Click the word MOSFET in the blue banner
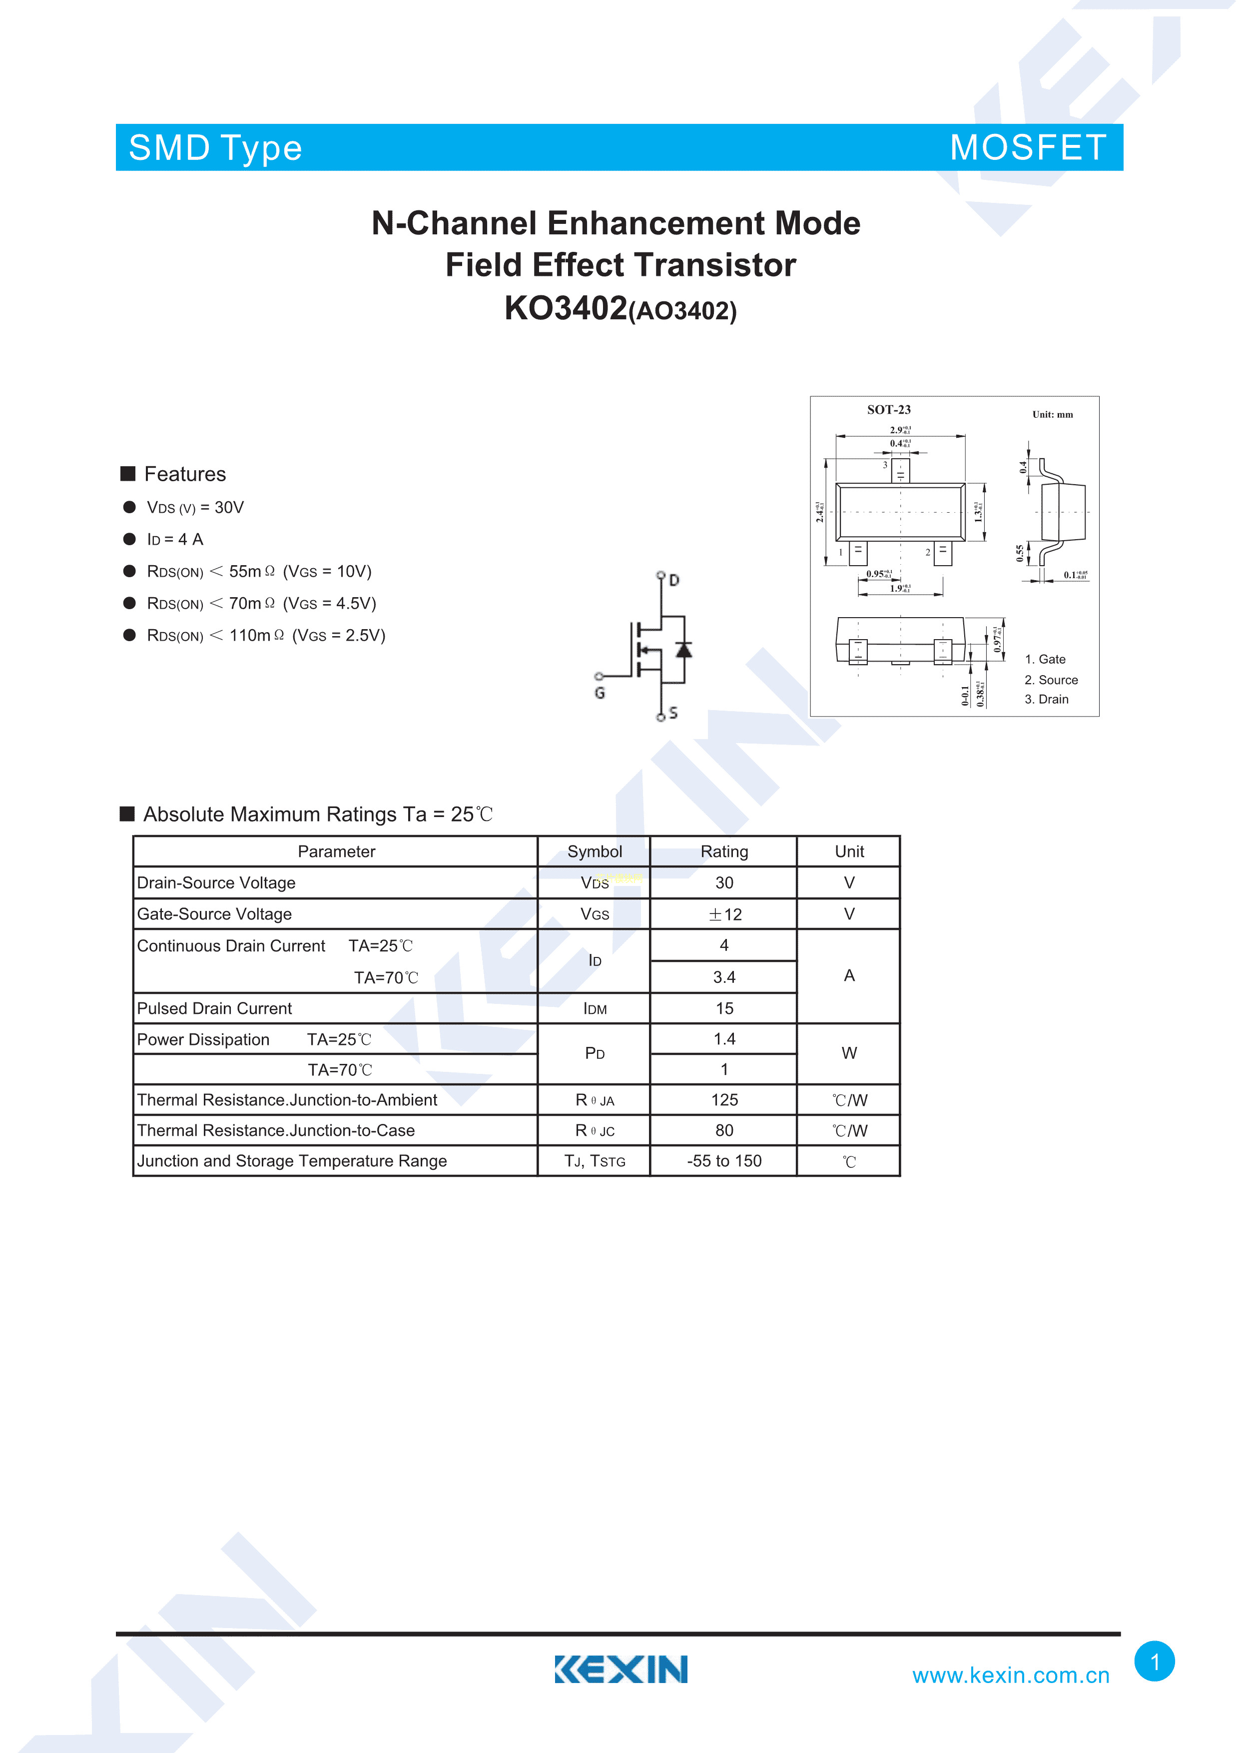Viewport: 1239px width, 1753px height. (x=1028, y=147)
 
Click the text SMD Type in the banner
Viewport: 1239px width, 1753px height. (x=215, y=148)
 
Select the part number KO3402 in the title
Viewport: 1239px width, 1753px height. (x=566, y=308)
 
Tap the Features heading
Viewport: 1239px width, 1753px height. (x=185, y=474)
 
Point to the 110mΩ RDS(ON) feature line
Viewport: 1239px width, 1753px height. (x=266, y=635)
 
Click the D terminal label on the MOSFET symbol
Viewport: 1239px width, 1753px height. (x=674, y=580)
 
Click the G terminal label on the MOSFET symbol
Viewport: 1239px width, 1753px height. (x=600, y=693)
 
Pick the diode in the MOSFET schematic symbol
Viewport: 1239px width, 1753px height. (x=683, y=650)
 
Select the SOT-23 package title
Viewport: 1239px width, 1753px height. (x=889, y=410)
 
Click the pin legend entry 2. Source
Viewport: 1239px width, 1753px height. (x=1051, y=680)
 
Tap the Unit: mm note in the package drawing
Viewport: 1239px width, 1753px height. (x=1052, y=415)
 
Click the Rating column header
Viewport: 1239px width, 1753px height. (x=724, y=852)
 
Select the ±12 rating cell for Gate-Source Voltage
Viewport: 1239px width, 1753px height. (x=724, y=914)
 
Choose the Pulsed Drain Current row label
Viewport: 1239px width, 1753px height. (x=214, y=1008)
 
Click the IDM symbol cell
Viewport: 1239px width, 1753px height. (x=595, y=1008)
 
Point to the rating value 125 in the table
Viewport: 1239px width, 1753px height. (x=724, y=1099)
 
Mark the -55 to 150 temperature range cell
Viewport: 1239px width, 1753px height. (x=724, y=1160)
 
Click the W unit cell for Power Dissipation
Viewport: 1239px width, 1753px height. (x=849, y=1053)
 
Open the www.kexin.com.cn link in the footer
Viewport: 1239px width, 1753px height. (x=1010, y=1675)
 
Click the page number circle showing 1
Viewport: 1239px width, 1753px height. (x=1154, y=1662)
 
